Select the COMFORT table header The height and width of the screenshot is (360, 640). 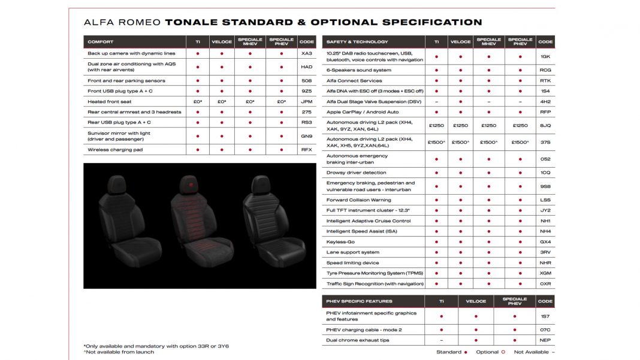(101, 42)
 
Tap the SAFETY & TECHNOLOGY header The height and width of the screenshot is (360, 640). (358, 42)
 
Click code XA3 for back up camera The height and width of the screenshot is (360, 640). (306, 53)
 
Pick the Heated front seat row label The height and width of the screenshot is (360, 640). (110, 101)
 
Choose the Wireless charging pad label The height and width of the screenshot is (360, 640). (115, 150)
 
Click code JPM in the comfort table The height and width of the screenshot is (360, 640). (306, 101)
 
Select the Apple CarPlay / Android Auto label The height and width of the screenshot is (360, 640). (362, 112)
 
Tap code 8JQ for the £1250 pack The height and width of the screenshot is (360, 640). (545, 126)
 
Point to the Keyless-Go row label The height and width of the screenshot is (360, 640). (340, 242)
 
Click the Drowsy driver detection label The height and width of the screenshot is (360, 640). (356, 173)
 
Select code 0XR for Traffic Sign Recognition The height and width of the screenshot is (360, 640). (545, 284)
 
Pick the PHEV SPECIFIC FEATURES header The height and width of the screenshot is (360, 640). (359, 301)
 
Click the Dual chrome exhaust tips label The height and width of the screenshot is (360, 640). (357, 340)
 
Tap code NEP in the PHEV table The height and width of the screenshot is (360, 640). (545, 340)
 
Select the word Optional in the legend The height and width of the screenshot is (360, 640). (487, 352)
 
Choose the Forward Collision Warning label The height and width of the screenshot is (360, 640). (358, 200)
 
